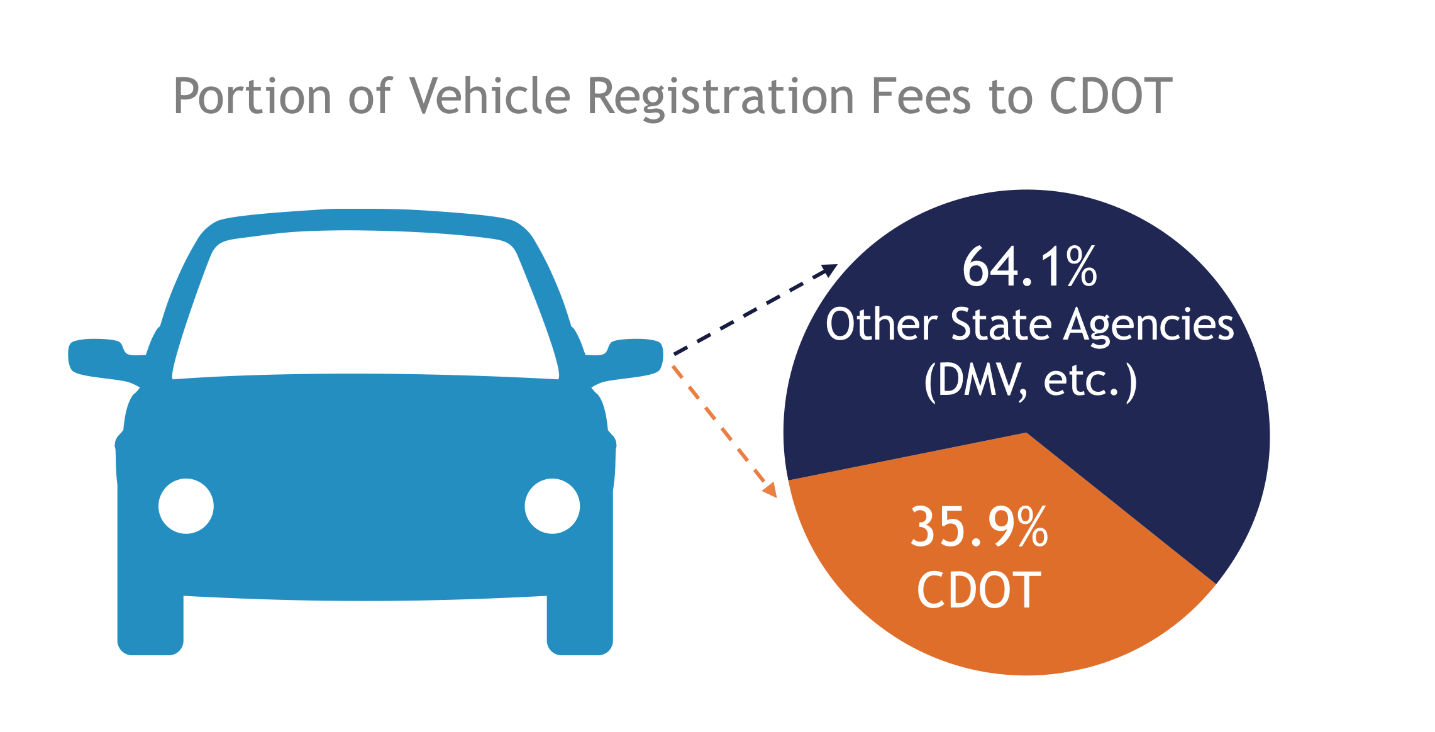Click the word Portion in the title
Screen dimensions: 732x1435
(x=252, y=96)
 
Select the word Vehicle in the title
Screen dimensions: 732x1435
(x=490, y=96)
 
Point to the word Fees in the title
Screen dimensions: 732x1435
(x=921, y=96)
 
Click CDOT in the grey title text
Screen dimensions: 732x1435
(x=1111, y=96)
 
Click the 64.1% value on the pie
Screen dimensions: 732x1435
(x=1029, y=267)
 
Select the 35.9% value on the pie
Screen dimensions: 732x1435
(x=979, y=526)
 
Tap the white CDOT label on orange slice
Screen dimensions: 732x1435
(x=979, y=590)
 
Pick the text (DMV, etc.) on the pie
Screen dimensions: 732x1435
(x=1030, y=380)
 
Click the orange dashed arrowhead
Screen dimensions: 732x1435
(x=770, y=490)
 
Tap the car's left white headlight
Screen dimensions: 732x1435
(x=186, y=506)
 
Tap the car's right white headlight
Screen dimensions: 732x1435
(x=552, y=506)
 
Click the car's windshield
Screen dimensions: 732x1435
(x=365, y=302)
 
